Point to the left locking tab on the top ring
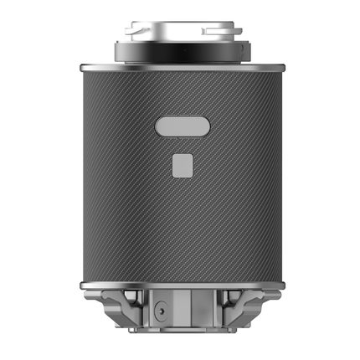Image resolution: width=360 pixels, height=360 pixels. point(134,31)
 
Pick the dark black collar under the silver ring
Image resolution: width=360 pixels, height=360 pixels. point(180,53)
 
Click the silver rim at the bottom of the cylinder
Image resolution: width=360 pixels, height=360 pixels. point(180,285)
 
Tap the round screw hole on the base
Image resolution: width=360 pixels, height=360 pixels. point(159,313)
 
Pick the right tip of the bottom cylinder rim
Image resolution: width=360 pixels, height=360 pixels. point(280,285)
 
